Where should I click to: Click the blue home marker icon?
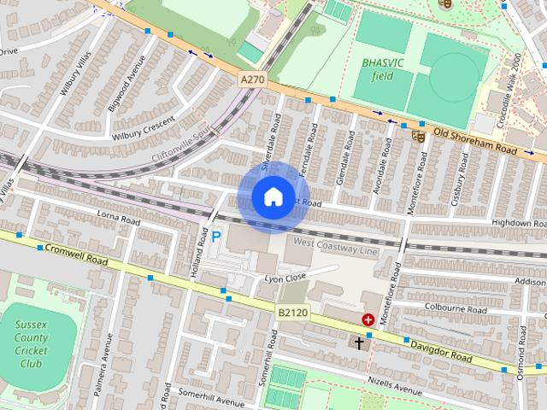[273, 197]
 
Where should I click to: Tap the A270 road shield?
[250, 79]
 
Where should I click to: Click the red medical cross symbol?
[368, 319]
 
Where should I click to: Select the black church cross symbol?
[359, 343]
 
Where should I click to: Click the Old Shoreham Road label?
[476, 142]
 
